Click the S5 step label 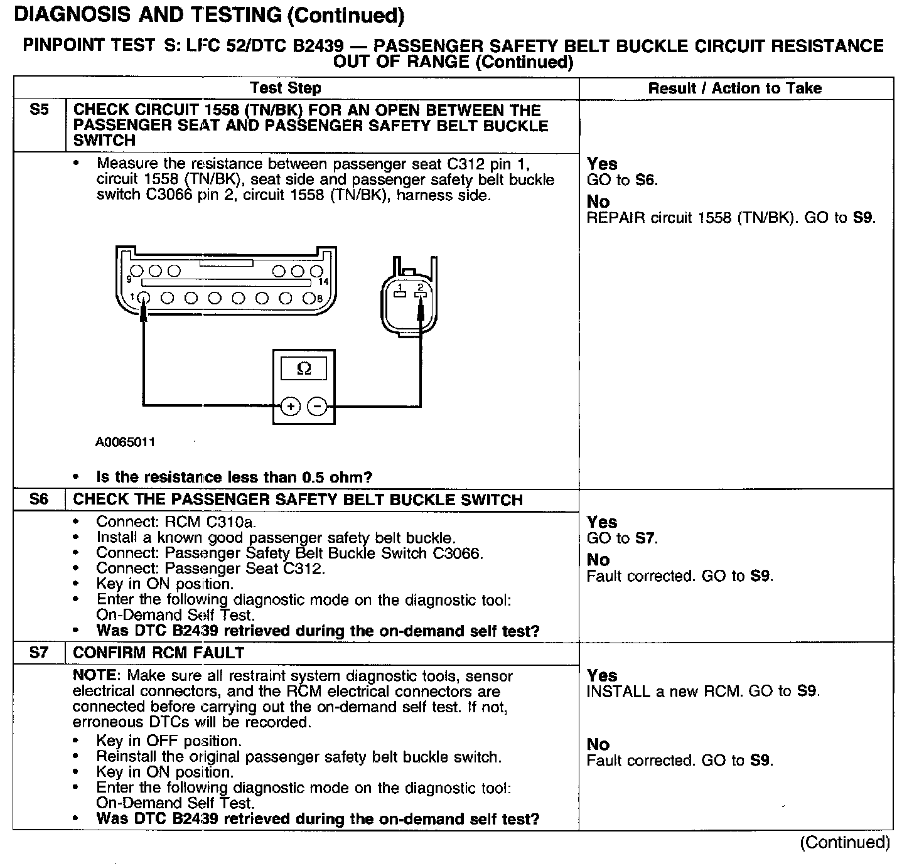pyautogui.click(x=39, y=110)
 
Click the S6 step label pyautogui.click(x=39, y=500)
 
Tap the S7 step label pyautogui.click(x=39, y=653)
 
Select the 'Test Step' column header pyautogui.click(x=286, y=88)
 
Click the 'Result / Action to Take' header pyautogui.click(x=735, y=88)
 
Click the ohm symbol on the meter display pyautogui.click(x=303, y=368)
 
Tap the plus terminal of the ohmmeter pyautogui.click(x=290, y=407)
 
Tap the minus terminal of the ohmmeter pyautogui.click(x=318, y=407)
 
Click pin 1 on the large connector pyautogui.click(x=144, y=298)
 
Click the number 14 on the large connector pyautogui.click(x=323, y=282)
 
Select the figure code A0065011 pyautogui.click(x=125, y=442)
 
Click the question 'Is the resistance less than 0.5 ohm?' pyautogui.click(x=234, y=477)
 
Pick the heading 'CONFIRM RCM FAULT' pyautogui.click(x=159, y=653)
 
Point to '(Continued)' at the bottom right pyautogui.click(x=844, y=842)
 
